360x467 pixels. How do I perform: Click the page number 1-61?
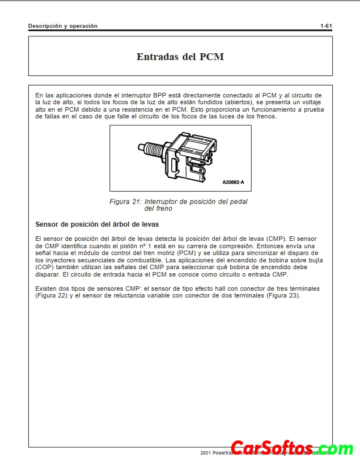pyautogui.click(x=326, y=26)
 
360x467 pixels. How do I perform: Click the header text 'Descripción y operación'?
pyautogui.click(x=63, y=26)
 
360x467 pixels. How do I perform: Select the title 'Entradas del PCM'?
pyautogui.click(x=180, y=57)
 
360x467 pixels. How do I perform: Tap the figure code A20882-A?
pyautogui.click(x=233, y=182)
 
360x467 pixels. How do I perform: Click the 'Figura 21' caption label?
pyautogui.click(x=126, y=202)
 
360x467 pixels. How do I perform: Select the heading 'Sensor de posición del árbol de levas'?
pyautogui.click(x=97, y=224)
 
